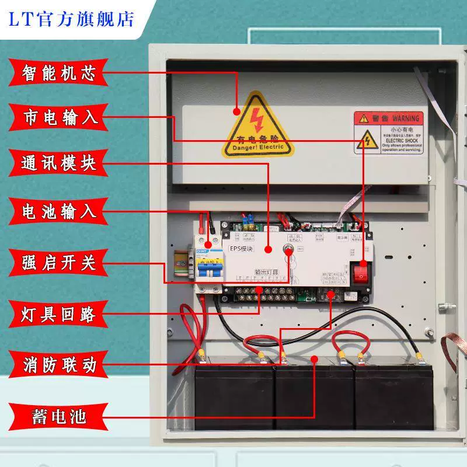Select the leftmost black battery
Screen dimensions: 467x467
(234, 394)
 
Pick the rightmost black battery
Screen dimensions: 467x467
(395, 394)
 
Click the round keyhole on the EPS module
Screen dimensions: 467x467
(288, 250)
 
